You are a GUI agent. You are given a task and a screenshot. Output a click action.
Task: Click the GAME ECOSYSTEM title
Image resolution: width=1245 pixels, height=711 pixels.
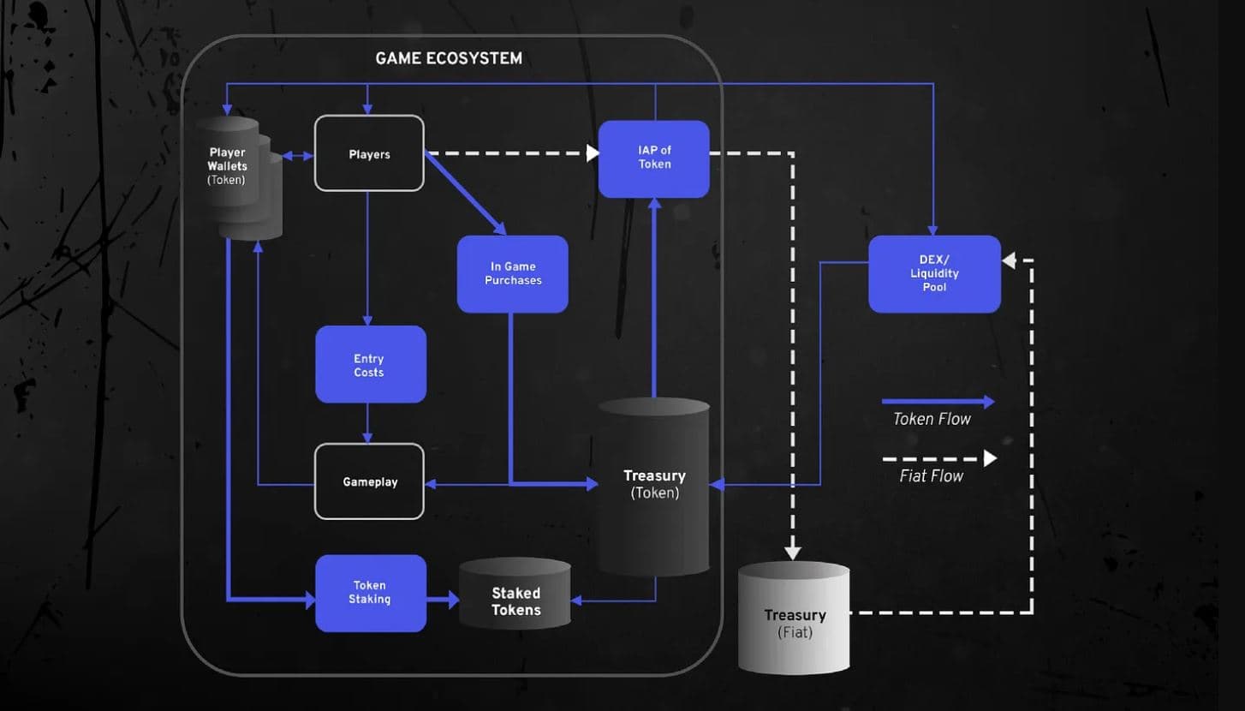449,59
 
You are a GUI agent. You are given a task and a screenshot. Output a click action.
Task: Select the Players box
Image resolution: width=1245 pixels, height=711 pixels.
369,154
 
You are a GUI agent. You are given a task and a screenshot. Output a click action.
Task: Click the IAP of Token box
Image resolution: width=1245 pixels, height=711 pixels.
654,158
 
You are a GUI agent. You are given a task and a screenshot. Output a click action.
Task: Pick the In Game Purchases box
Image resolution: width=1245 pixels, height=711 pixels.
513,274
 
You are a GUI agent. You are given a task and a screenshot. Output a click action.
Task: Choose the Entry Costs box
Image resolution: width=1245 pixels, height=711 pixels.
370,365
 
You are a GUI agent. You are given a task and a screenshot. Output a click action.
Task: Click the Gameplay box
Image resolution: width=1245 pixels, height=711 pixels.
369,481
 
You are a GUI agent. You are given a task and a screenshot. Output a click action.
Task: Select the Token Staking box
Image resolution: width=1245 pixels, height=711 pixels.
370,593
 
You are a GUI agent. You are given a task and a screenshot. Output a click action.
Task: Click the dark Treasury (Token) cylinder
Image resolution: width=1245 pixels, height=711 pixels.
654,486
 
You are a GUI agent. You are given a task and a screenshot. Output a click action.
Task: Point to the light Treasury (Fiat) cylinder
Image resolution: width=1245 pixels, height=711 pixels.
795,618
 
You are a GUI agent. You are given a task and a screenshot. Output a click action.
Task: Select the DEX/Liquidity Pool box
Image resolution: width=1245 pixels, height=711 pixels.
934,274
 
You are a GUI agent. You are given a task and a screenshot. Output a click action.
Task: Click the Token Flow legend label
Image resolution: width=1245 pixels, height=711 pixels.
932,419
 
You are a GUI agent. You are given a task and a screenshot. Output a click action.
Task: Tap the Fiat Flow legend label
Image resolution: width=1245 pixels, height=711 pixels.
932,475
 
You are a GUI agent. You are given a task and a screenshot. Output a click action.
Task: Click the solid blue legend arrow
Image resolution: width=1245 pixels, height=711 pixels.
938,402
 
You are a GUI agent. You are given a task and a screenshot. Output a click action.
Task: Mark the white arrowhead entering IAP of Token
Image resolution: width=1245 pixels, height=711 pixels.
593,153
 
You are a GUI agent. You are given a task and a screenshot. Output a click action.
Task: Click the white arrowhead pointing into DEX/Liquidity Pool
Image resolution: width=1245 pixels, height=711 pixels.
1009,260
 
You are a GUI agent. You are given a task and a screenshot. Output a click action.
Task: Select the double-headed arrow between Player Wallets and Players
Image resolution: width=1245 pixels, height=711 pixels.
299,156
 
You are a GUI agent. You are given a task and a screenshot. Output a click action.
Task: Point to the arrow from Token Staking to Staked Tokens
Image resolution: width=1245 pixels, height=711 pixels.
443,600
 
